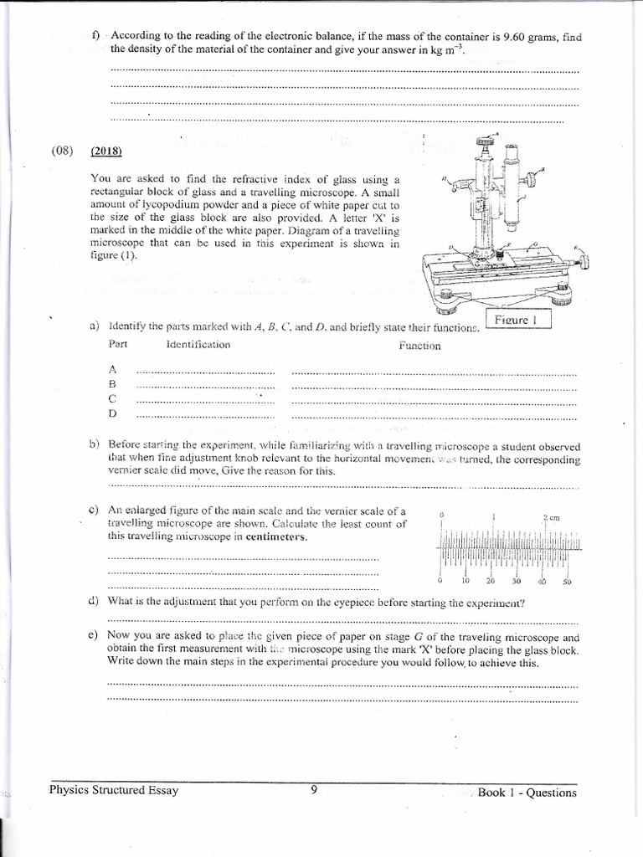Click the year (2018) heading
107,151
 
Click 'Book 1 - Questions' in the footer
527,793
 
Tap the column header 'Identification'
198,345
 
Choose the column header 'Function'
419,346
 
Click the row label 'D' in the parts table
112,413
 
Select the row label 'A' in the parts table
112,368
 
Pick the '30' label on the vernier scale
516,582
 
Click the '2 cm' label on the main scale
551,518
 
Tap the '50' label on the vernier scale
568,582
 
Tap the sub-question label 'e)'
94,636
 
